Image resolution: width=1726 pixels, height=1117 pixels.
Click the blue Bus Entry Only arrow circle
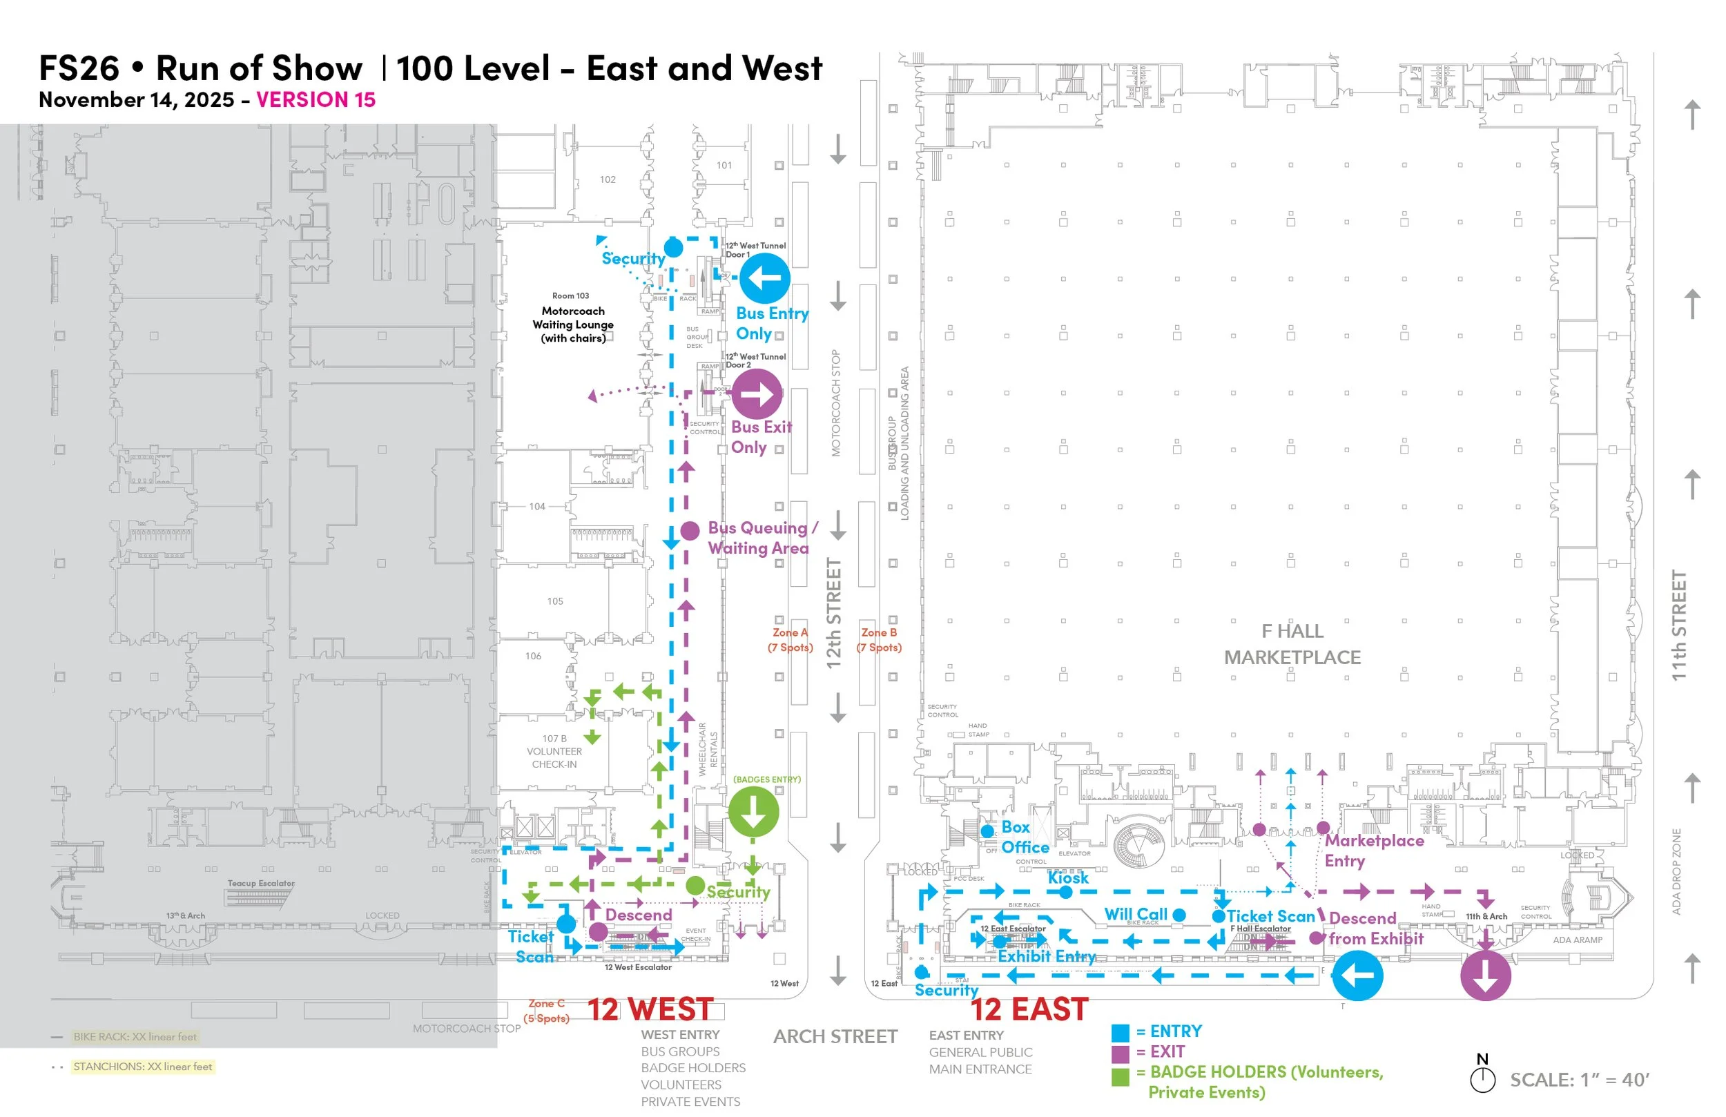(764, 278)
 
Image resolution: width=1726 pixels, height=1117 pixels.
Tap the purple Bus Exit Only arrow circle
(757, 395)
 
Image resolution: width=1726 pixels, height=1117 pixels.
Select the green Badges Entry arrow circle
(753, 812)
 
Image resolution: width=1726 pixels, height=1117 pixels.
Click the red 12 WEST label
(650, 1009)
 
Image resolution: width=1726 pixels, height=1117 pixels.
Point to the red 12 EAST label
(1029, 1009)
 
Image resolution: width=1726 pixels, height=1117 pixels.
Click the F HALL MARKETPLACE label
(1292, 644)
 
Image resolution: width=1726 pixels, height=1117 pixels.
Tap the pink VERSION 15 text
(316, 99)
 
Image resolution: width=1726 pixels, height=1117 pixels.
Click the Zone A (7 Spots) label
(790, 640)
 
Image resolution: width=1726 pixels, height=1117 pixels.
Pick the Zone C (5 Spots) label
(546, 1011)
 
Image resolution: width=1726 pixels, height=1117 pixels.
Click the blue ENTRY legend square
(1121, 1032)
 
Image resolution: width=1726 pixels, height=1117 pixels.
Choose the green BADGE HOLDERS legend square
(1121, 1076)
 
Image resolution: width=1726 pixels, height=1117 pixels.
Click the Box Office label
(1024, 837)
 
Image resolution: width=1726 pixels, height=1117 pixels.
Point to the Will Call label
(1136, 914)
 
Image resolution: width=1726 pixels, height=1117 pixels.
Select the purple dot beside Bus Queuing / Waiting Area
(690, 531)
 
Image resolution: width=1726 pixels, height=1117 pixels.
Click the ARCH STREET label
(835, 1036)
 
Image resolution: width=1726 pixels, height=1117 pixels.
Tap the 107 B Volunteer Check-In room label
(554, 751)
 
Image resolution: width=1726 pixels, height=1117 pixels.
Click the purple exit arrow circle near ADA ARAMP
(1485, 975)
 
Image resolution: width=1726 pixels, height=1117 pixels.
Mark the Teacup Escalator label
(261, 884)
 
